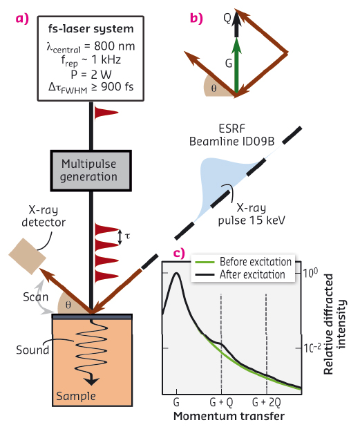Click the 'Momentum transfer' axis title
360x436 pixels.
tap(228, 416)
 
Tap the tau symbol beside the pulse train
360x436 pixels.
tap(126, 236)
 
